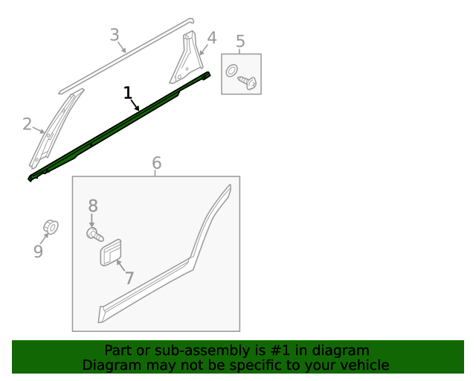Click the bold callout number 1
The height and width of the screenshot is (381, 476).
tap(128, 93)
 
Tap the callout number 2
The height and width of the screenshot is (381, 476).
tap(27, 124)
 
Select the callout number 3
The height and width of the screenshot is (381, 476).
tap(115, 35)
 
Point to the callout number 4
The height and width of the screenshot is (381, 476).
tap(211, 38)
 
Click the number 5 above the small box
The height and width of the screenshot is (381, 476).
tap(240, 41)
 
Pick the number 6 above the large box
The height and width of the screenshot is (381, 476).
tap(156, 163)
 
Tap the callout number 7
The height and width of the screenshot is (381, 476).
tap(129, 278)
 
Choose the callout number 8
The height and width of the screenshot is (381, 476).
tap(93, 205)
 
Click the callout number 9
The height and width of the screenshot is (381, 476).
tap(38, 252)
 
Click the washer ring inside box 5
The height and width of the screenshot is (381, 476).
tap(231, 71)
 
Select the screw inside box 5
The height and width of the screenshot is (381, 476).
tap(248, 83)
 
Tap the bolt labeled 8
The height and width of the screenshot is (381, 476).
tap(95, 234)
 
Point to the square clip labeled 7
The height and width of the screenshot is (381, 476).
tap(111, 253)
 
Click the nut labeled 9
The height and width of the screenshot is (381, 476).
tap(51, 227)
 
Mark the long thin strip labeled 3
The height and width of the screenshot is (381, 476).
tap(126, 57)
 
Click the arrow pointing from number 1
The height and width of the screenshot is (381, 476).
tap(135, 105)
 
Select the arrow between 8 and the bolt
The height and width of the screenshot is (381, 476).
tap(91, 220)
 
